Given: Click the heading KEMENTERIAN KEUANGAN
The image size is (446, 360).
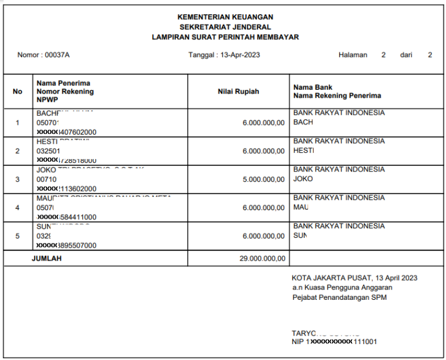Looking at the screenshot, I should [x=225, y=17].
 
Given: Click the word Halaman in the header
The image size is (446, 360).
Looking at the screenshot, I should [x=352, y=55].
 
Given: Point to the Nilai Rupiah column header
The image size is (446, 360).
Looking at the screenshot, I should [x=238, y=91].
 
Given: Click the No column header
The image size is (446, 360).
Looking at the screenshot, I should [x=18, y=91].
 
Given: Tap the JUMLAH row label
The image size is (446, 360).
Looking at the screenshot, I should [x=47, y=259].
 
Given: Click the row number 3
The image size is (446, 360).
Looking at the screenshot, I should [x=18, y=179].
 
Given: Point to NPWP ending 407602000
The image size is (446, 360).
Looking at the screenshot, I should [x=66, y=132].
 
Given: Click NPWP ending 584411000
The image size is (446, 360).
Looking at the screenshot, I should [x=66, y=217].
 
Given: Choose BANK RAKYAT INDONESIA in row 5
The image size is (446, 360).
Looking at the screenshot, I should [x=339, y=226].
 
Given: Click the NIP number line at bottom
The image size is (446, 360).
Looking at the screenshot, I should [x=334, y=342].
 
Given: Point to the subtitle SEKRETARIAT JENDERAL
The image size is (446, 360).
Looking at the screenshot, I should [x=225, y=27].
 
